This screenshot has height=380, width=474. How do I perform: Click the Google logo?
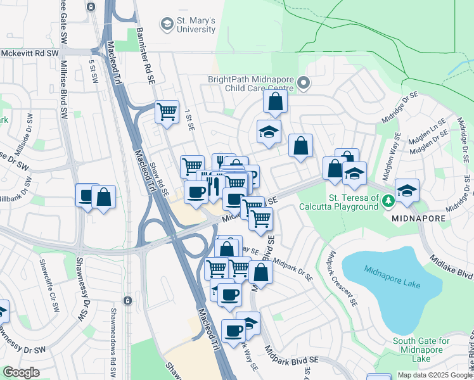point(21,372)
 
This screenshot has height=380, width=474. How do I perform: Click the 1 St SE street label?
point(189,120)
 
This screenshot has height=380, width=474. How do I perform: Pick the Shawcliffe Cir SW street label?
point(48,278)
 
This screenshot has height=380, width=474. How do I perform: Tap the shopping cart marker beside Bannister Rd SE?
point(167,112)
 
